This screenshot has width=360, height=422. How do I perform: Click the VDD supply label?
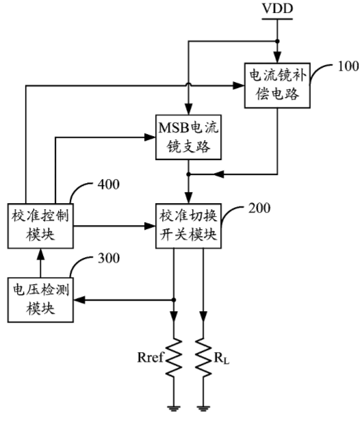(x=277, y=8)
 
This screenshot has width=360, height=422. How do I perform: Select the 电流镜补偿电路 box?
(x=277, y=85)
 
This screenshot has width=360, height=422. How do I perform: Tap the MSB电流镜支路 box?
(x=188, y=137)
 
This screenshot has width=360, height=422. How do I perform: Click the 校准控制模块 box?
(x=40, y=226)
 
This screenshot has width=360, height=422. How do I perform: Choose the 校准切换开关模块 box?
(x=188, y=226)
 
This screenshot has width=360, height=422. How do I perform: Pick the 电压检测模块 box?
(x=40, y=300)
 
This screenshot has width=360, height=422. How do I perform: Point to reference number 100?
(x=348, y=66)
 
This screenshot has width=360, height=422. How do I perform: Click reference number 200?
(x=259, y=208)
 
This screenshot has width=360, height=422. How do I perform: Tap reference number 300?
(x=109, y=258)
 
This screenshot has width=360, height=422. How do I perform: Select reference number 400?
(x=109, y=185)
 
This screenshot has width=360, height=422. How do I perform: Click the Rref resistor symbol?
(x=174, y=357)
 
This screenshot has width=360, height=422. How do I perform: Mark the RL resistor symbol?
(x=203, y=357)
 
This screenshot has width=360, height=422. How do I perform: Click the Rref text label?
(x=151, y=358)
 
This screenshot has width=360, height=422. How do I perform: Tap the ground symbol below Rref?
(x=174, y=408)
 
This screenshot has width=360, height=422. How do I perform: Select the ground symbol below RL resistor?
(x=203, y=408)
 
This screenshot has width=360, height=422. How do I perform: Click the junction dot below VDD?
(x=277, y=41)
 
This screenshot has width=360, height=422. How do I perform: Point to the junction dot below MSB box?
(x=188, y=174)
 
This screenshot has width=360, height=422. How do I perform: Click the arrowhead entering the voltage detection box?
(x=79, y=300)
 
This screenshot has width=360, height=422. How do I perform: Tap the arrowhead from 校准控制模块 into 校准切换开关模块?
(x=150, y=226)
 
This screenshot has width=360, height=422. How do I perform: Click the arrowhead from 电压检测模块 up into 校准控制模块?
(x=40, y=254)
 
